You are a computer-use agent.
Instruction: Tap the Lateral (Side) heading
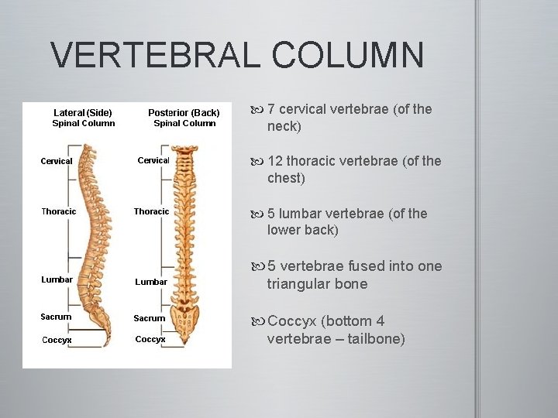[x=83, y=113]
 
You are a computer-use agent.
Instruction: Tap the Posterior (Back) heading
[x=184, y=113]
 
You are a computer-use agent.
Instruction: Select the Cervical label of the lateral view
[x=57, y=161]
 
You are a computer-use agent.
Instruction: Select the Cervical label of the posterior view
[x=153, y=160]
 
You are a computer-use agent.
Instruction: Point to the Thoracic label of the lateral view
[x=59, y=211]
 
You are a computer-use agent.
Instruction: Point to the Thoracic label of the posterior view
[x=151, y=211]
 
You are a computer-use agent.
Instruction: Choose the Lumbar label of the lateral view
[x=57, y=279]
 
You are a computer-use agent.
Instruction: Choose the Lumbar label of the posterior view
[x=150, y=282]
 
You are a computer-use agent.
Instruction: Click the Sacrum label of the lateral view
[x=56, y=317]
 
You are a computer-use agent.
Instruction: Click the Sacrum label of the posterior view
[x=149, y=318]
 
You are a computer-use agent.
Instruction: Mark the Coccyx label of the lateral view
[x=57, y=340]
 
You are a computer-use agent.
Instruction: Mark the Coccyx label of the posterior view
[x=150, y=339]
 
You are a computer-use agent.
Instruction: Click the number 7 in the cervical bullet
[x=271, y=109]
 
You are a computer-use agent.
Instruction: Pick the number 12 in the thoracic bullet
[x=275, y=161]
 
